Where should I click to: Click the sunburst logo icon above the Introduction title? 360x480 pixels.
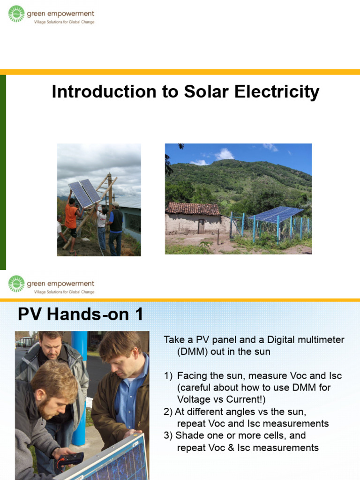click(x=16, y=14)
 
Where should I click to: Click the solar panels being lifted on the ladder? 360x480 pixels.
click(x=84, y=193)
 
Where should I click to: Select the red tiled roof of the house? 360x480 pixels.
click(x=193, y=209)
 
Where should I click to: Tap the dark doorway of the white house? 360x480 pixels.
click(x=201, y=226)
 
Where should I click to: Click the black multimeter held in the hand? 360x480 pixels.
click(x=70, y=459)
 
